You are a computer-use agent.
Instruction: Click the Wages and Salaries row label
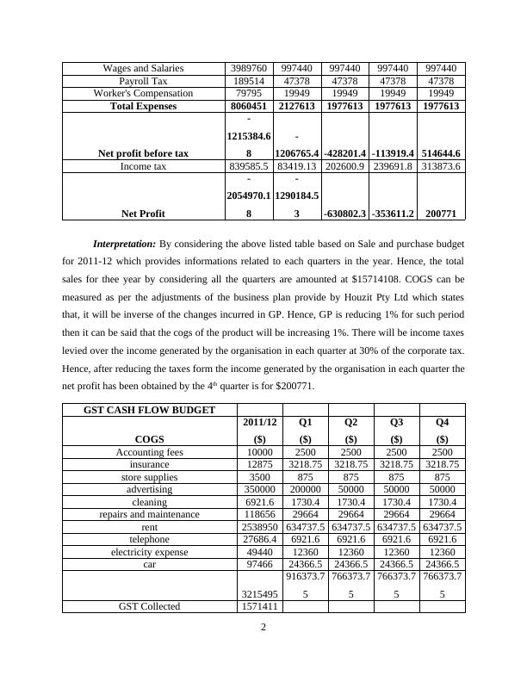pyautogui.click(x=143, y=68)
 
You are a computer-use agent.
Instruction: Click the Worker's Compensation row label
pyautogui.click(x=143, y=93)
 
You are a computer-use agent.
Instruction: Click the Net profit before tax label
pyautogui.click(x=143, y=153)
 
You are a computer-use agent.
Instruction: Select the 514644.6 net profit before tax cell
pyautogui.click(x=441, y=153)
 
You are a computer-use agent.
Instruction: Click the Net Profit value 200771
pyautogui.click(x=441, y=212)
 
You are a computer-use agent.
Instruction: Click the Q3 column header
pyautogui.click(x=396, y=423)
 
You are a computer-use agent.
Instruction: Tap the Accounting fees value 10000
pyautogui.click(x=259, y=452)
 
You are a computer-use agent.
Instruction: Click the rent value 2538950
pyautogui.click(x=259, y=526)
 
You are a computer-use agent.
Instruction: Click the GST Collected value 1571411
pyautogui.click(x=259, y=606)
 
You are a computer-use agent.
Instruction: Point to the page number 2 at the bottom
pyautogui.click(x=263, y=627)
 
